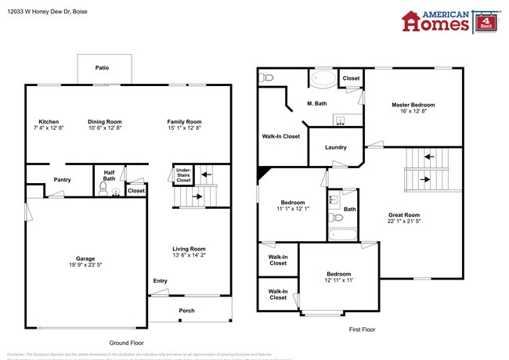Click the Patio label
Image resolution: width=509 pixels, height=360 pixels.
[102, 68]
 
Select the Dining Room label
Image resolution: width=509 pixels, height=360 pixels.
[104, 121]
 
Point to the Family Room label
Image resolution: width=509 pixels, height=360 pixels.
[184, 121]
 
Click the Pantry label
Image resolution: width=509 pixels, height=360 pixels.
[62, 180]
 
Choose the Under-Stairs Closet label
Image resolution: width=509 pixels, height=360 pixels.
[183, 175]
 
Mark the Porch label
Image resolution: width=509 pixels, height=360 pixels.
[186, 311]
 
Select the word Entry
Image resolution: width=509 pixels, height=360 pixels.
[160, 281]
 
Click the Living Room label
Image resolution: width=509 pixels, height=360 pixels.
[189, 249]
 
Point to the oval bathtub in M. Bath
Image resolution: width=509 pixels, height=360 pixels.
[323, 78]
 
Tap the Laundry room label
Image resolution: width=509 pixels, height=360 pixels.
[336, 147]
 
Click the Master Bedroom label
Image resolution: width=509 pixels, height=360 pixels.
[413, 104]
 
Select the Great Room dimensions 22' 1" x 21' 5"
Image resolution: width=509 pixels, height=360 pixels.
[404, 221]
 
